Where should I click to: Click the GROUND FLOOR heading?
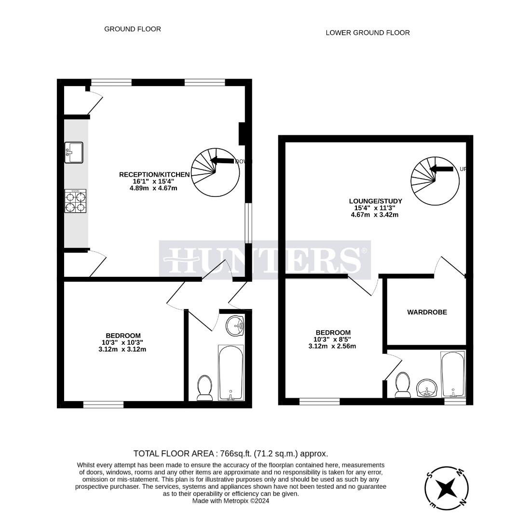tap(133, 29)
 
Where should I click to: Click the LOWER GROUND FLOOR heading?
tap(367, 33)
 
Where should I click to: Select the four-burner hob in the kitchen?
tap(75, 201)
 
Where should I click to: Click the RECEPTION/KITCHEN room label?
tap(148, 174)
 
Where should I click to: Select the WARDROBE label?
tap(427, 312)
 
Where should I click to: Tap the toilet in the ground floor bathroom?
tap(205, 388)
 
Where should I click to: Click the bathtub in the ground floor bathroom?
tap(231, 372)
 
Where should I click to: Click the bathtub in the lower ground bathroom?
tap(453, 375)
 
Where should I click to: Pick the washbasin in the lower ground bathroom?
tap(427, 388)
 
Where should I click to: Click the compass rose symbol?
tap(447, 488)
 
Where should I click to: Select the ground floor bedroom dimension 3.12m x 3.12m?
tap(122, 349)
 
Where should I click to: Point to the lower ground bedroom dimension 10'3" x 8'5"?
tap(332, 339)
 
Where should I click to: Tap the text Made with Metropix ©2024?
tap(231, 501)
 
